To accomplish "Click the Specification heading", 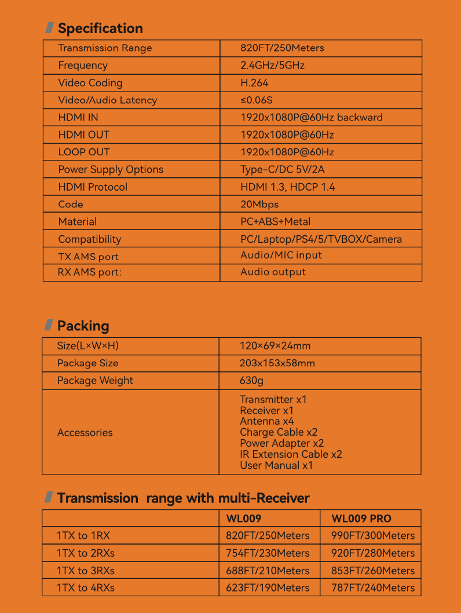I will point(100,28).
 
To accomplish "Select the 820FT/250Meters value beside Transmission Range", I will point(282,48).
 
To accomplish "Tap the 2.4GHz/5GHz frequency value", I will point(272,65).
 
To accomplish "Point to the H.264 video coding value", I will point(254,83).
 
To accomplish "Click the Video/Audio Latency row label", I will point(107,100).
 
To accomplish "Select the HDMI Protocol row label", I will point(93,187).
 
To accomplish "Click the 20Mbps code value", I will point(259,205).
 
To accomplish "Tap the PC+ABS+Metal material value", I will point(275,222).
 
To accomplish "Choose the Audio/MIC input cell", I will point(281,255).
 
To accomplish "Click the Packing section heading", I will point(83,326).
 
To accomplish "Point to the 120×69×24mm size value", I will point(275,346).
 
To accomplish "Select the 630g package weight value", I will point(251,381).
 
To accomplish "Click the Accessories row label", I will point(85,433).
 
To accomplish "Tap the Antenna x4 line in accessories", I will point(266,421).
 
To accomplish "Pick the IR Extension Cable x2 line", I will point(291,454).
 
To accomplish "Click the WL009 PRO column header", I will point(361,519).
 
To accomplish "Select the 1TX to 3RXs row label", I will point(85,571).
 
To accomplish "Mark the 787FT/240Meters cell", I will point(373,588).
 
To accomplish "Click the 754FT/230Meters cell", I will point(268,553).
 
